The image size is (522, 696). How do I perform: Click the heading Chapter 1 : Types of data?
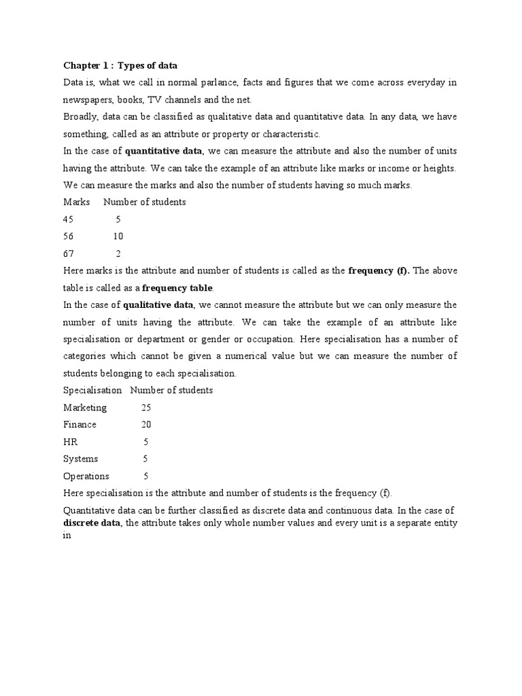(120, 65)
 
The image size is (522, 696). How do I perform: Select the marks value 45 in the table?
(69, 220)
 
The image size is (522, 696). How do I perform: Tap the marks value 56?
(69, 237)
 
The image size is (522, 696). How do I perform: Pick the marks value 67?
(69, 254)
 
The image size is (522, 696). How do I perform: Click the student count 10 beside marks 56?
(118, 237)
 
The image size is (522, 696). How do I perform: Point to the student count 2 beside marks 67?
(118, 254)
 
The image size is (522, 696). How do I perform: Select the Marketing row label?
(85, 408)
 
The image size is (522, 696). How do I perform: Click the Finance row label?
(80, 425)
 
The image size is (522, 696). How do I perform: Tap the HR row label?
(70, 442)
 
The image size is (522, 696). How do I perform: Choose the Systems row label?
(81, 459)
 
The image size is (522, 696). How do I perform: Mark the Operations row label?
(86, 476)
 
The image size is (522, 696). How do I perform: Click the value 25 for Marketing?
(146, 408)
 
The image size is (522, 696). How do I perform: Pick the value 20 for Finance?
(146, 425)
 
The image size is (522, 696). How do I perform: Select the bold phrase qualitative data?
(158, 304)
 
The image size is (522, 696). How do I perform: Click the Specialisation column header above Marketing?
(92, 390)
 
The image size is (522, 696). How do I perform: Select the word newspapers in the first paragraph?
(88, 99)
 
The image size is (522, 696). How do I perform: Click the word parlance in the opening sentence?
(209, 82)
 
